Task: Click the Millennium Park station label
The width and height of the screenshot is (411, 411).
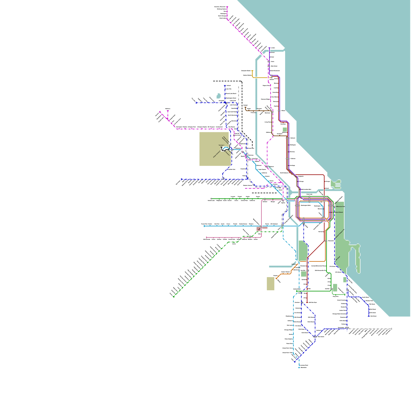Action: [x=340, y=207]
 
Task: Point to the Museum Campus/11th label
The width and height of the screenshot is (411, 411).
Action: [x=340, y=233]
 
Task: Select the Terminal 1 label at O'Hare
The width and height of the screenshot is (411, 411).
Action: [x=221, y=145]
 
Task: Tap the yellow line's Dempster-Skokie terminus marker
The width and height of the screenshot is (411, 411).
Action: [x=252, y=71]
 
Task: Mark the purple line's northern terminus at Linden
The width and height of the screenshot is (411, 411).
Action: [x=269, y=48]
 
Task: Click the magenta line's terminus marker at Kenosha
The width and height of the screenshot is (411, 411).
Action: [x=227, y=7]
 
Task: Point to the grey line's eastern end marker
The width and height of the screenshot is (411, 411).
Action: [x=391, y=329]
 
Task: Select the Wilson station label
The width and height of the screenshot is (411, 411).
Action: [x=283, y=111]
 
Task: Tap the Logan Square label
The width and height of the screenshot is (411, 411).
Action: [x=262, y=170]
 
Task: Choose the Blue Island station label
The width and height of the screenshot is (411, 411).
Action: [x=321, y=337]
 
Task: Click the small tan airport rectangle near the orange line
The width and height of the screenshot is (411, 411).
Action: [x=270, y=283]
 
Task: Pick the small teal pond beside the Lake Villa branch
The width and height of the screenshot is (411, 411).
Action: [x=219, y=96]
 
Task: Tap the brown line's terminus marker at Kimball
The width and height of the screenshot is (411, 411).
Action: [x=246, y=107]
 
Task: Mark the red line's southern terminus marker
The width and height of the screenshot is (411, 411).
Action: [x=307, y=302]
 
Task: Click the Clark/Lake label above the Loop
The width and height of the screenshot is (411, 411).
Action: [x=309, y=194]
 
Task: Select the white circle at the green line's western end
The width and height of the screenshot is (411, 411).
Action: [x=211, y=199]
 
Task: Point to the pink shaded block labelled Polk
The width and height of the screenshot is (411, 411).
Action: [x=259, y=229]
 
